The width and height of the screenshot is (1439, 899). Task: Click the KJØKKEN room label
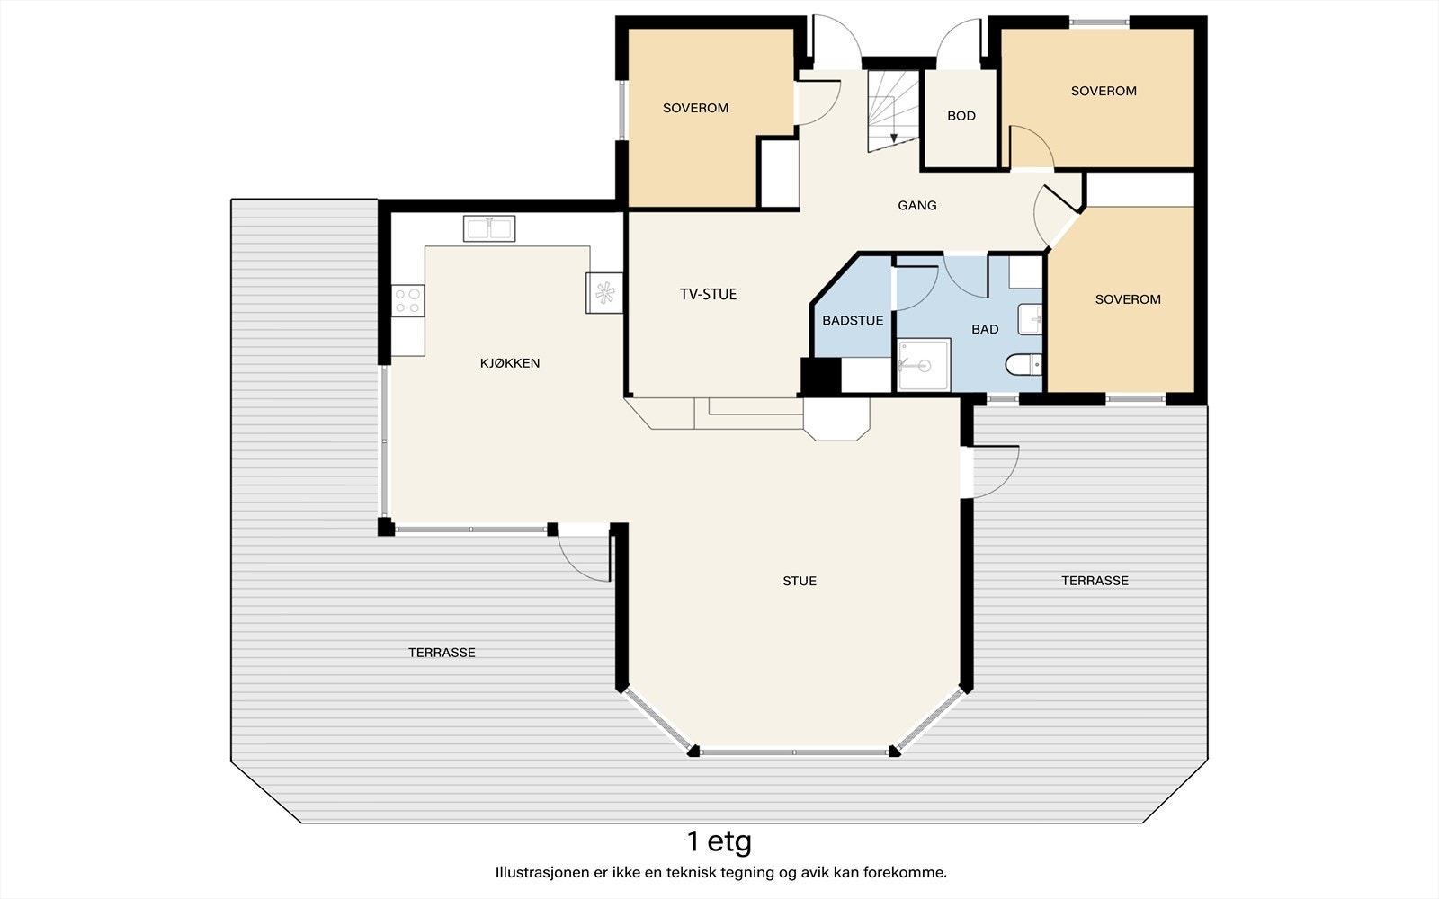510,363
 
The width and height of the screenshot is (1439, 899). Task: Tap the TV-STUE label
708,294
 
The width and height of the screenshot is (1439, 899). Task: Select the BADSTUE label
853,320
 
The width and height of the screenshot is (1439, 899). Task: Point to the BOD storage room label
961,116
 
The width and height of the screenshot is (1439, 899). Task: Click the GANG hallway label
916,206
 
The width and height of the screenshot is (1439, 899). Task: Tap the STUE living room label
800,581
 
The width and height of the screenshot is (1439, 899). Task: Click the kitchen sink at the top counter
489,228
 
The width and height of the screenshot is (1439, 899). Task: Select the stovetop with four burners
408,300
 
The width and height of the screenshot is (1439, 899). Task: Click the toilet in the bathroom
1023,365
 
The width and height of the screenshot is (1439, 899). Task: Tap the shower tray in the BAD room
924,365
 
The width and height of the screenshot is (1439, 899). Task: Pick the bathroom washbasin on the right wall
1030,319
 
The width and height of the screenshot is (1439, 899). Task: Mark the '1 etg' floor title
719,841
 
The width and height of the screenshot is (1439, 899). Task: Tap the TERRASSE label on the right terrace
1095,581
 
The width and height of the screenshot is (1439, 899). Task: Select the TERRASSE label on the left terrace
442,653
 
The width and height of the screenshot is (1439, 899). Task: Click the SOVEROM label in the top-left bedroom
696,108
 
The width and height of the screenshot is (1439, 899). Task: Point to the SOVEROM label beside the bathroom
1128,299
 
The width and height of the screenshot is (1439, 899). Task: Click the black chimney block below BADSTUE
820,375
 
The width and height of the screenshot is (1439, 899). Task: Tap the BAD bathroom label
985,329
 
